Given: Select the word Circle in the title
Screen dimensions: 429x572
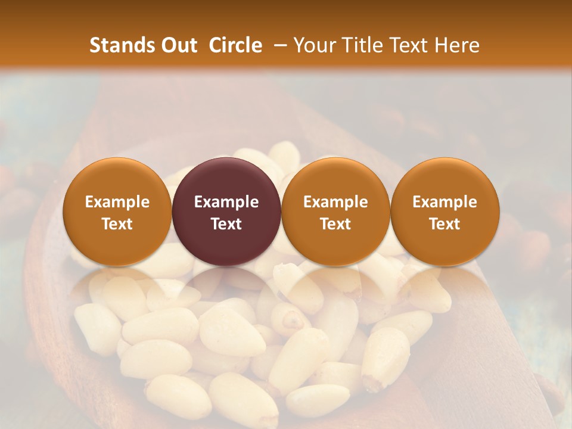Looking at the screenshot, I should (x=235, y=45).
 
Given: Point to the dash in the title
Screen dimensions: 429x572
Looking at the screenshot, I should (x=282, y=45).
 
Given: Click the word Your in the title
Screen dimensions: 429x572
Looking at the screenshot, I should (x=313, y=45).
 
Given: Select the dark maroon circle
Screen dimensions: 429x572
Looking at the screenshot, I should (x=226, y=179).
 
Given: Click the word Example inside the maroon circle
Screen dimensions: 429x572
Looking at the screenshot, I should (x=226, y=202).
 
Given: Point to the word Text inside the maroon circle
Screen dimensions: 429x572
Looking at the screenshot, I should (x=226, y=224).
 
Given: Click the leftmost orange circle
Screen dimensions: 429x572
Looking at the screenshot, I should (x=117, y=179).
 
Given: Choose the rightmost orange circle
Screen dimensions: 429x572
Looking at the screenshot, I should (x=445, y=179).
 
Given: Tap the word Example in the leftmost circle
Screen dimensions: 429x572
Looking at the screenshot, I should (x=117, y=202).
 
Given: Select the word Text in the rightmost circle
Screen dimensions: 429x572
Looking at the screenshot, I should (x=445, y=224).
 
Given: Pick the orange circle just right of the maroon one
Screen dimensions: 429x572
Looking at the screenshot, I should (x=335, y=179).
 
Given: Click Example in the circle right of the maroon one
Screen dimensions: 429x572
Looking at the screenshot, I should (x=335, y=202).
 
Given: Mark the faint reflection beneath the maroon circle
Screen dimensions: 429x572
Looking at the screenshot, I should (x=226, y=283).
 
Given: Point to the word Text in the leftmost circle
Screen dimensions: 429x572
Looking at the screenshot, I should (x=117, y=224).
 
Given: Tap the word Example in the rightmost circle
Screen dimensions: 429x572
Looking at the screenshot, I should (x=445, y=202).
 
